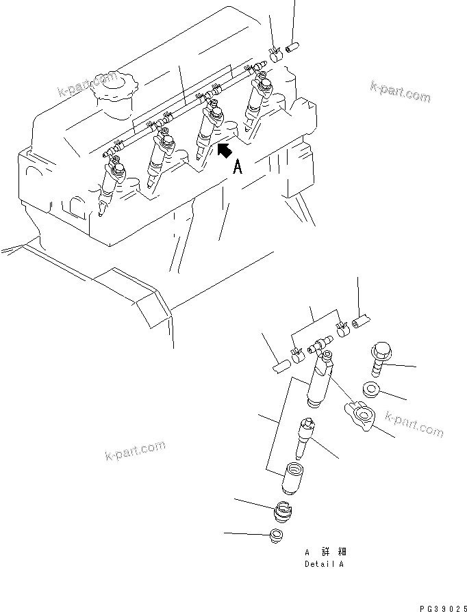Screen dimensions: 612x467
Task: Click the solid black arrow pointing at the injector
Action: [224, 150]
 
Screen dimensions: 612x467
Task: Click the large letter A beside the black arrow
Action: [238, 166]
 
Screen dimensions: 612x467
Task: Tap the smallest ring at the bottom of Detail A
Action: [276, 537]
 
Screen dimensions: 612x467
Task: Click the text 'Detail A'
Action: [324, 565]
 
